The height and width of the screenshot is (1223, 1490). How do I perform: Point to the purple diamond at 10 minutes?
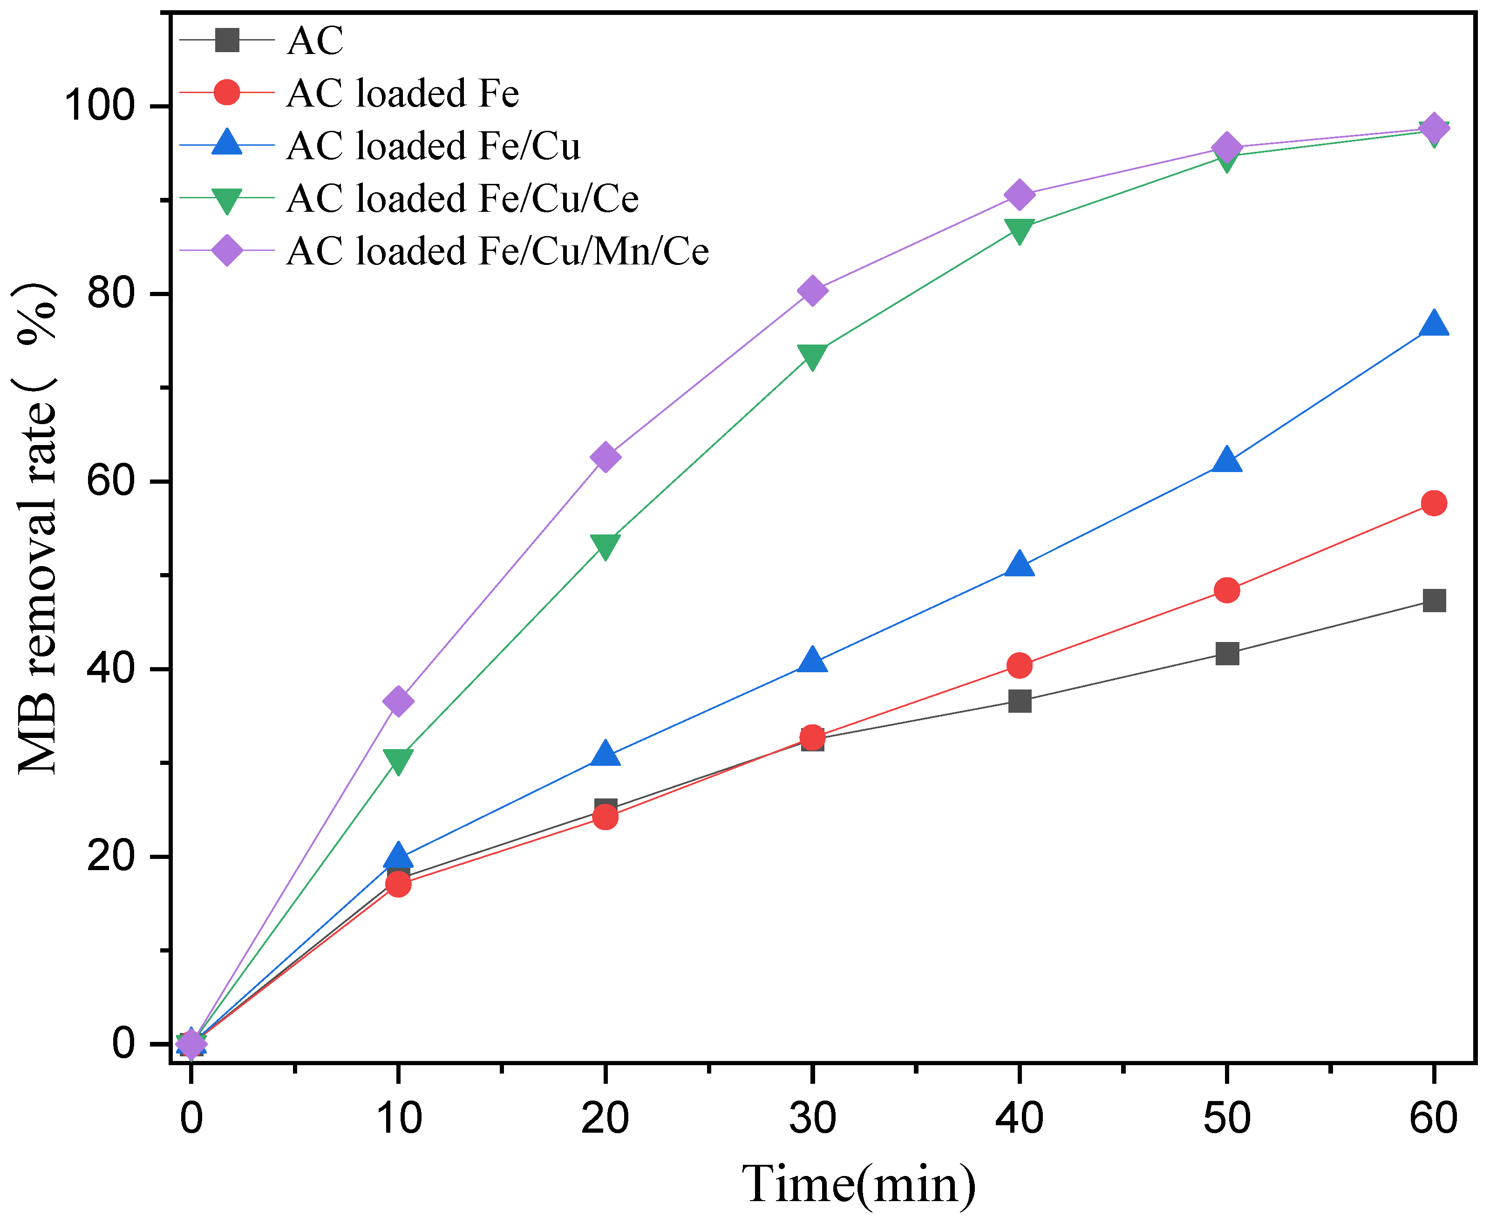pos(398,701)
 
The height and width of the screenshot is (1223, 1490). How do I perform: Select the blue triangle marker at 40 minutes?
pos(1019,565)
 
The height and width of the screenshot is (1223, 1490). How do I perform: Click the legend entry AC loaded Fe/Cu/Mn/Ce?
pos(497,251)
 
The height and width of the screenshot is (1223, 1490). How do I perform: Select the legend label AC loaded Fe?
pos(402,93)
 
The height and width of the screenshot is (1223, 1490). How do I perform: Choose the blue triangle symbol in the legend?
pos(227,144)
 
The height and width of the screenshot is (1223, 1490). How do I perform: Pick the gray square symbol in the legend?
pos(227,40)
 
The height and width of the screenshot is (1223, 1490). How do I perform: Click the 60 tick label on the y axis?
pos(110,481)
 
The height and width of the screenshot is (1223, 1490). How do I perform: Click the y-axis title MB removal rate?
pos(37,528)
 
